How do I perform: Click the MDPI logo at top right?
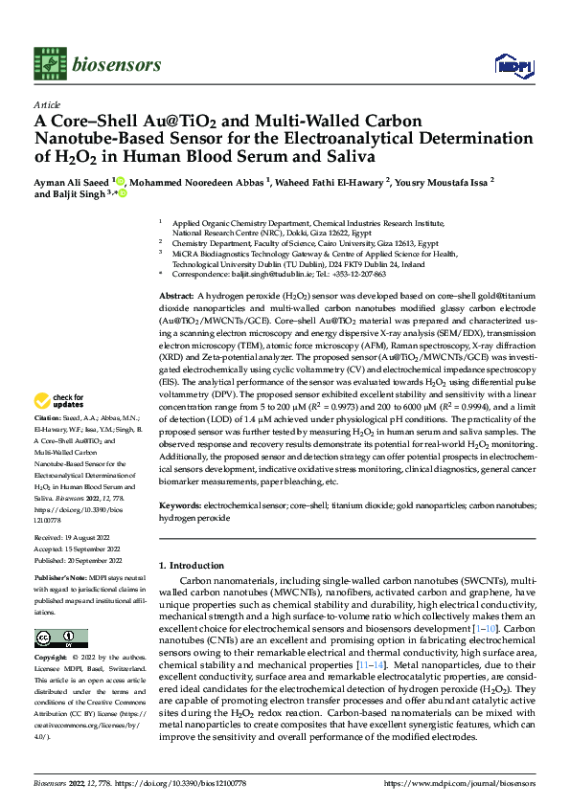point(511,64)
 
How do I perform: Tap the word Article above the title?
point(47,104)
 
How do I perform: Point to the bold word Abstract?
point(178,299)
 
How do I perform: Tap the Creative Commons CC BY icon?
point(61,638)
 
